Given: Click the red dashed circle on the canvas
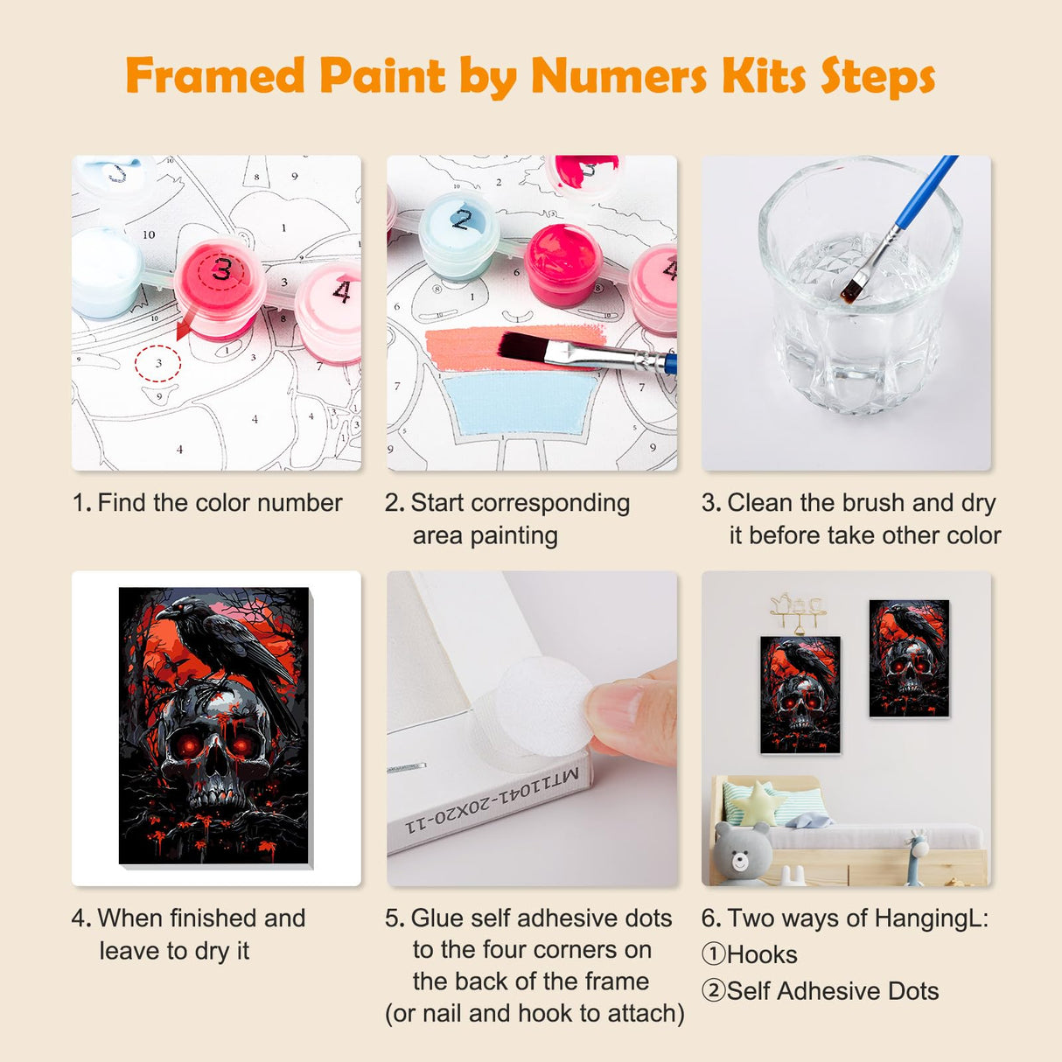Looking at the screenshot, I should (x=158, y=363).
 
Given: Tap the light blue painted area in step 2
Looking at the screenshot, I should (x=521, y=402).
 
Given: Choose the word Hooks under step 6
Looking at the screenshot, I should (x=762, y=954).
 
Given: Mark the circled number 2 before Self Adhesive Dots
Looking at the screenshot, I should (x=713, y=990).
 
